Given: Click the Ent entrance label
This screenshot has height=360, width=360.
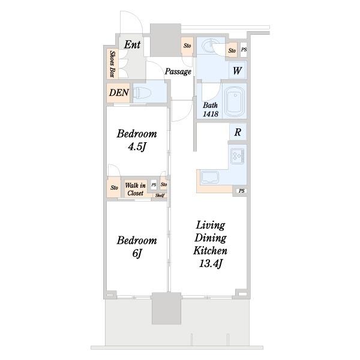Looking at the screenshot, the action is [132, 44].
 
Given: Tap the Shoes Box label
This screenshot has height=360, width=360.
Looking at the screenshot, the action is [112, 64].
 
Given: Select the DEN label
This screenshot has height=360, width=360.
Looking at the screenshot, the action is [119, 92].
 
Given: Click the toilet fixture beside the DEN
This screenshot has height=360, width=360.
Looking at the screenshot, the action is [139, 93].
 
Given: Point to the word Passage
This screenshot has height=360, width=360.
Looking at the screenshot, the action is [178, 71].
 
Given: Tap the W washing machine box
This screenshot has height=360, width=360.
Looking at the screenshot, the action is [237, 70].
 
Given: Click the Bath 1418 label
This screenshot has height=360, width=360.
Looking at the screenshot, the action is [211, 110].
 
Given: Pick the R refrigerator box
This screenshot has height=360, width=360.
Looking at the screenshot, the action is [238, 132].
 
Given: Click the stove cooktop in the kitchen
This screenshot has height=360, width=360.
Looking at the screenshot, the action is [238, 156].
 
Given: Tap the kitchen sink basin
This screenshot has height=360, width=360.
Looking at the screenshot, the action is [209, 177].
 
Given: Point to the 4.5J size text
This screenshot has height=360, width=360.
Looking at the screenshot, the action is [137, 147].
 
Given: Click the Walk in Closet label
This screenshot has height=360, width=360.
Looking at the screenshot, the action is [135, 189].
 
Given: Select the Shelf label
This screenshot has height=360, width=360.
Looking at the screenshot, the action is [160, 196].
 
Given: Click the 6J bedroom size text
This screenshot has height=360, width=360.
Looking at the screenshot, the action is [137, 253].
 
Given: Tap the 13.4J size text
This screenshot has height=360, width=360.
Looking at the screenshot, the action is [211, 263].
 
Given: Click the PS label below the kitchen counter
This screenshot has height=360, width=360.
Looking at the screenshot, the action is [242, 191].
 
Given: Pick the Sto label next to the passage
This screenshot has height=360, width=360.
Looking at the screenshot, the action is [187, 46].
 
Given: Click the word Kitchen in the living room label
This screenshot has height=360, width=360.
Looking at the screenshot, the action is [210, 250].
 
